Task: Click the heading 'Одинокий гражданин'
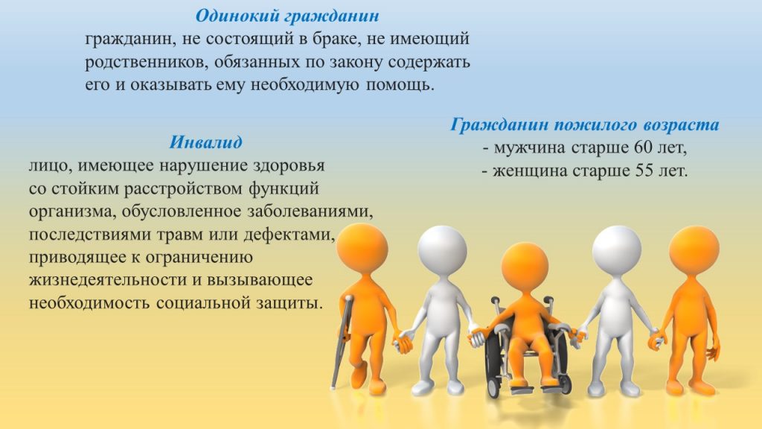(287, 16)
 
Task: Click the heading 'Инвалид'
(205, 142)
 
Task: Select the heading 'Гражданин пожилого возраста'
(585, 125)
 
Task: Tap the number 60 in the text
(645, 147)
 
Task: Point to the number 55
(647, 171)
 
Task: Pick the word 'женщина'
(530, 171)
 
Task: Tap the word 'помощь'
(399, 85)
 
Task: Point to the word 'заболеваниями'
(310, 212)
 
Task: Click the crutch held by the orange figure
(342, 341)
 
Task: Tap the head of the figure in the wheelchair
(524, 266)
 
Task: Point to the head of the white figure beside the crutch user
(442, 249)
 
